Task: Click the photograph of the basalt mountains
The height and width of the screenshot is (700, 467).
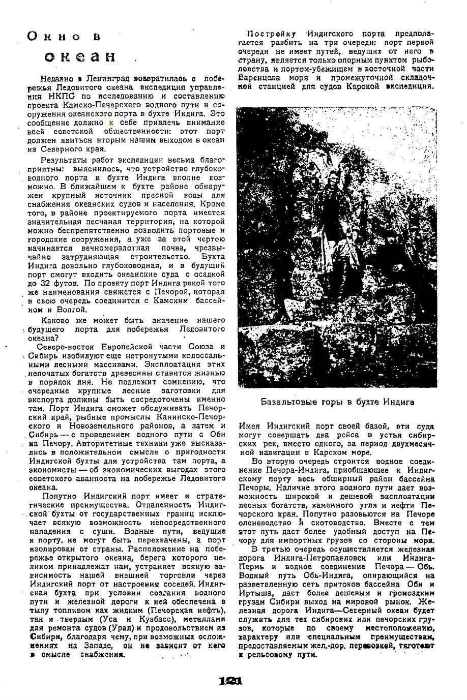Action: click(336, 247)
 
